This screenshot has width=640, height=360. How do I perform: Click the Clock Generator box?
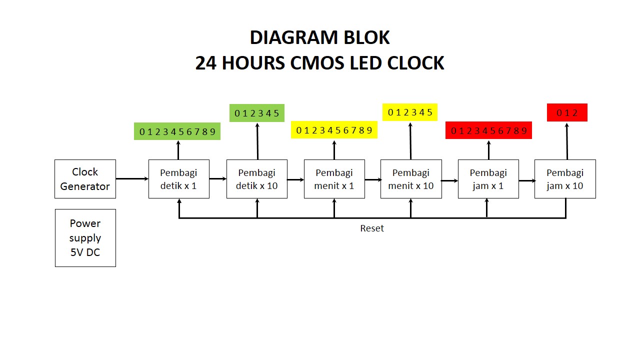point(85,179)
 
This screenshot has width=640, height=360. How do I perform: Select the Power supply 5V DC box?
point(85,238)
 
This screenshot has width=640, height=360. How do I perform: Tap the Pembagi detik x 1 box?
point(178,179)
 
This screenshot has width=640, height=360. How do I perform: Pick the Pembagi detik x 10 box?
point(257,179)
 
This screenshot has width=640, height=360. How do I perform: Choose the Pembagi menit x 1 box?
point(334,179)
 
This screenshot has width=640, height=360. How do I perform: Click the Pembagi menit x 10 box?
point(411,179)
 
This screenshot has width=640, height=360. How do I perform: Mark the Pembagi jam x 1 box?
point(488,179)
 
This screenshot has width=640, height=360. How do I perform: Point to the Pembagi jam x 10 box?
point(565,179)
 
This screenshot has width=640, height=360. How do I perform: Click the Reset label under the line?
point(372,228)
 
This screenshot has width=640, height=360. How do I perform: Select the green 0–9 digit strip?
point(177,131)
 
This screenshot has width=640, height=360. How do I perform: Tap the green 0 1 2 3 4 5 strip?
point(257,113)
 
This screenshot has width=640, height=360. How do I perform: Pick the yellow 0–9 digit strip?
point(334,130)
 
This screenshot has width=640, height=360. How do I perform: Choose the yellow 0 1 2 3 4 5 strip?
point(410,112)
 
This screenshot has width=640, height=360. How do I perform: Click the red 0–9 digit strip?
point(488,130)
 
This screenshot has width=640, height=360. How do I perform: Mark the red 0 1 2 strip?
point(567,112)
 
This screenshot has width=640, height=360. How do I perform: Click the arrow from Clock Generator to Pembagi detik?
point(132,178)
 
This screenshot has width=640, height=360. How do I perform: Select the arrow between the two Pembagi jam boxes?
point(526,180)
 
